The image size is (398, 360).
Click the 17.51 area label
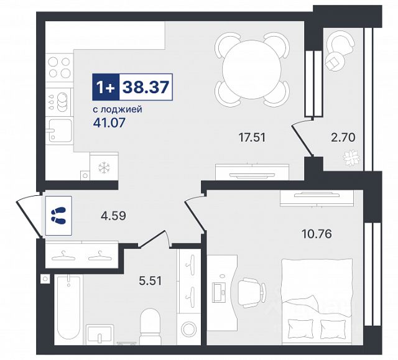point(252,137)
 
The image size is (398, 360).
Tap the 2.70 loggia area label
point(343,137)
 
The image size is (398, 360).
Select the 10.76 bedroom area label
point(317,234)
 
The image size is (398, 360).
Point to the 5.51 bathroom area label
point(150,281)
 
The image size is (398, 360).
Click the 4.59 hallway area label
point(113,216)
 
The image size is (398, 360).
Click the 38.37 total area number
point(146,87)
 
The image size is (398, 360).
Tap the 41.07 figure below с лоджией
point(109,122)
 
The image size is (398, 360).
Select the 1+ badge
point(106,87)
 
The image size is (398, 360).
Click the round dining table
point(252,69)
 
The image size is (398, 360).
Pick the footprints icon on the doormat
point(58,216)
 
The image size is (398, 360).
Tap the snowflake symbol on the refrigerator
point(104,167)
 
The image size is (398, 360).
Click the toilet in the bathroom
point(150,326)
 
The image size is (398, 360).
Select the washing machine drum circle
point(190,328)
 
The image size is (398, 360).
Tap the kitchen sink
point(60,131)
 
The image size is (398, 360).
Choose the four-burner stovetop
point(60,67)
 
